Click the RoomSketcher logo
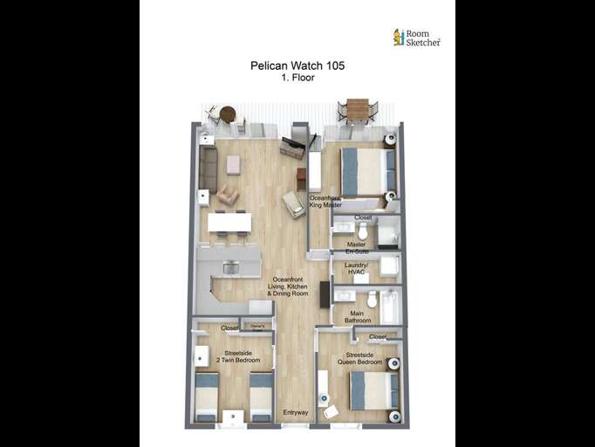[x=416, y=37]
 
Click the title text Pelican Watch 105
[x=297, y=65]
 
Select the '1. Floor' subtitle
[x=297, y=78]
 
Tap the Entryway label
[x=296, y=412]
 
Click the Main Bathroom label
[x=357, y=316]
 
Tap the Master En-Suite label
[x=356, y=248]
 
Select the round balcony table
[x=228, y=113]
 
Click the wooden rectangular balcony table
[x=358, y=108]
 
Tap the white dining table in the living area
[x=229, y=223]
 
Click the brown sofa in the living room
[x=208, y=169]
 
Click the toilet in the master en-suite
[x=364, y=230]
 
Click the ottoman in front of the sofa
[x=233, y=164]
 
